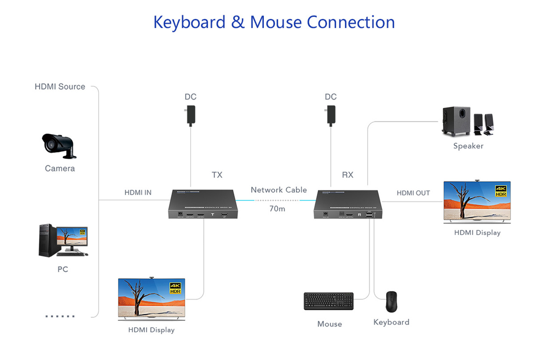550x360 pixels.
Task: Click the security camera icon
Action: [59, 145]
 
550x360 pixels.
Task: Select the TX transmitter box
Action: [203, 204]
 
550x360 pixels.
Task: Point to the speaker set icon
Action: [467, 122]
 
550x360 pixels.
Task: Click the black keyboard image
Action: [329, 301]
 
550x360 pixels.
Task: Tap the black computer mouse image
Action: [391, 301]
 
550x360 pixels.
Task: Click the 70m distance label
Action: [277, 208]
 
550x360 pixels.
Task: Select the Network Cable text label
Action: [279, 190]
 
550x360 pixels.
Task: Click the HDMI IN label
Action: [138, 192]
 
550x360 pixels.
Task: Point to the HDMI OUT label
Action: [413, 193]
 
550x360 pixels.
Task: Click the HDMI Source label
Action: [60, 87]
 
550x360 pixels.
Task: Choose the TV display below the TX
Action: [151, 298]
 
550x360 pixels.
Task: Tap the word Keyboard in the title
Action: [189, 22]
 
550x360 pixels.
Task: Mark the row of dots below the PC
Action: [60, 316]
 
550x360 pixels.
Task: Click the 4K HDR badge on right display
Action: [501, 192]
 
